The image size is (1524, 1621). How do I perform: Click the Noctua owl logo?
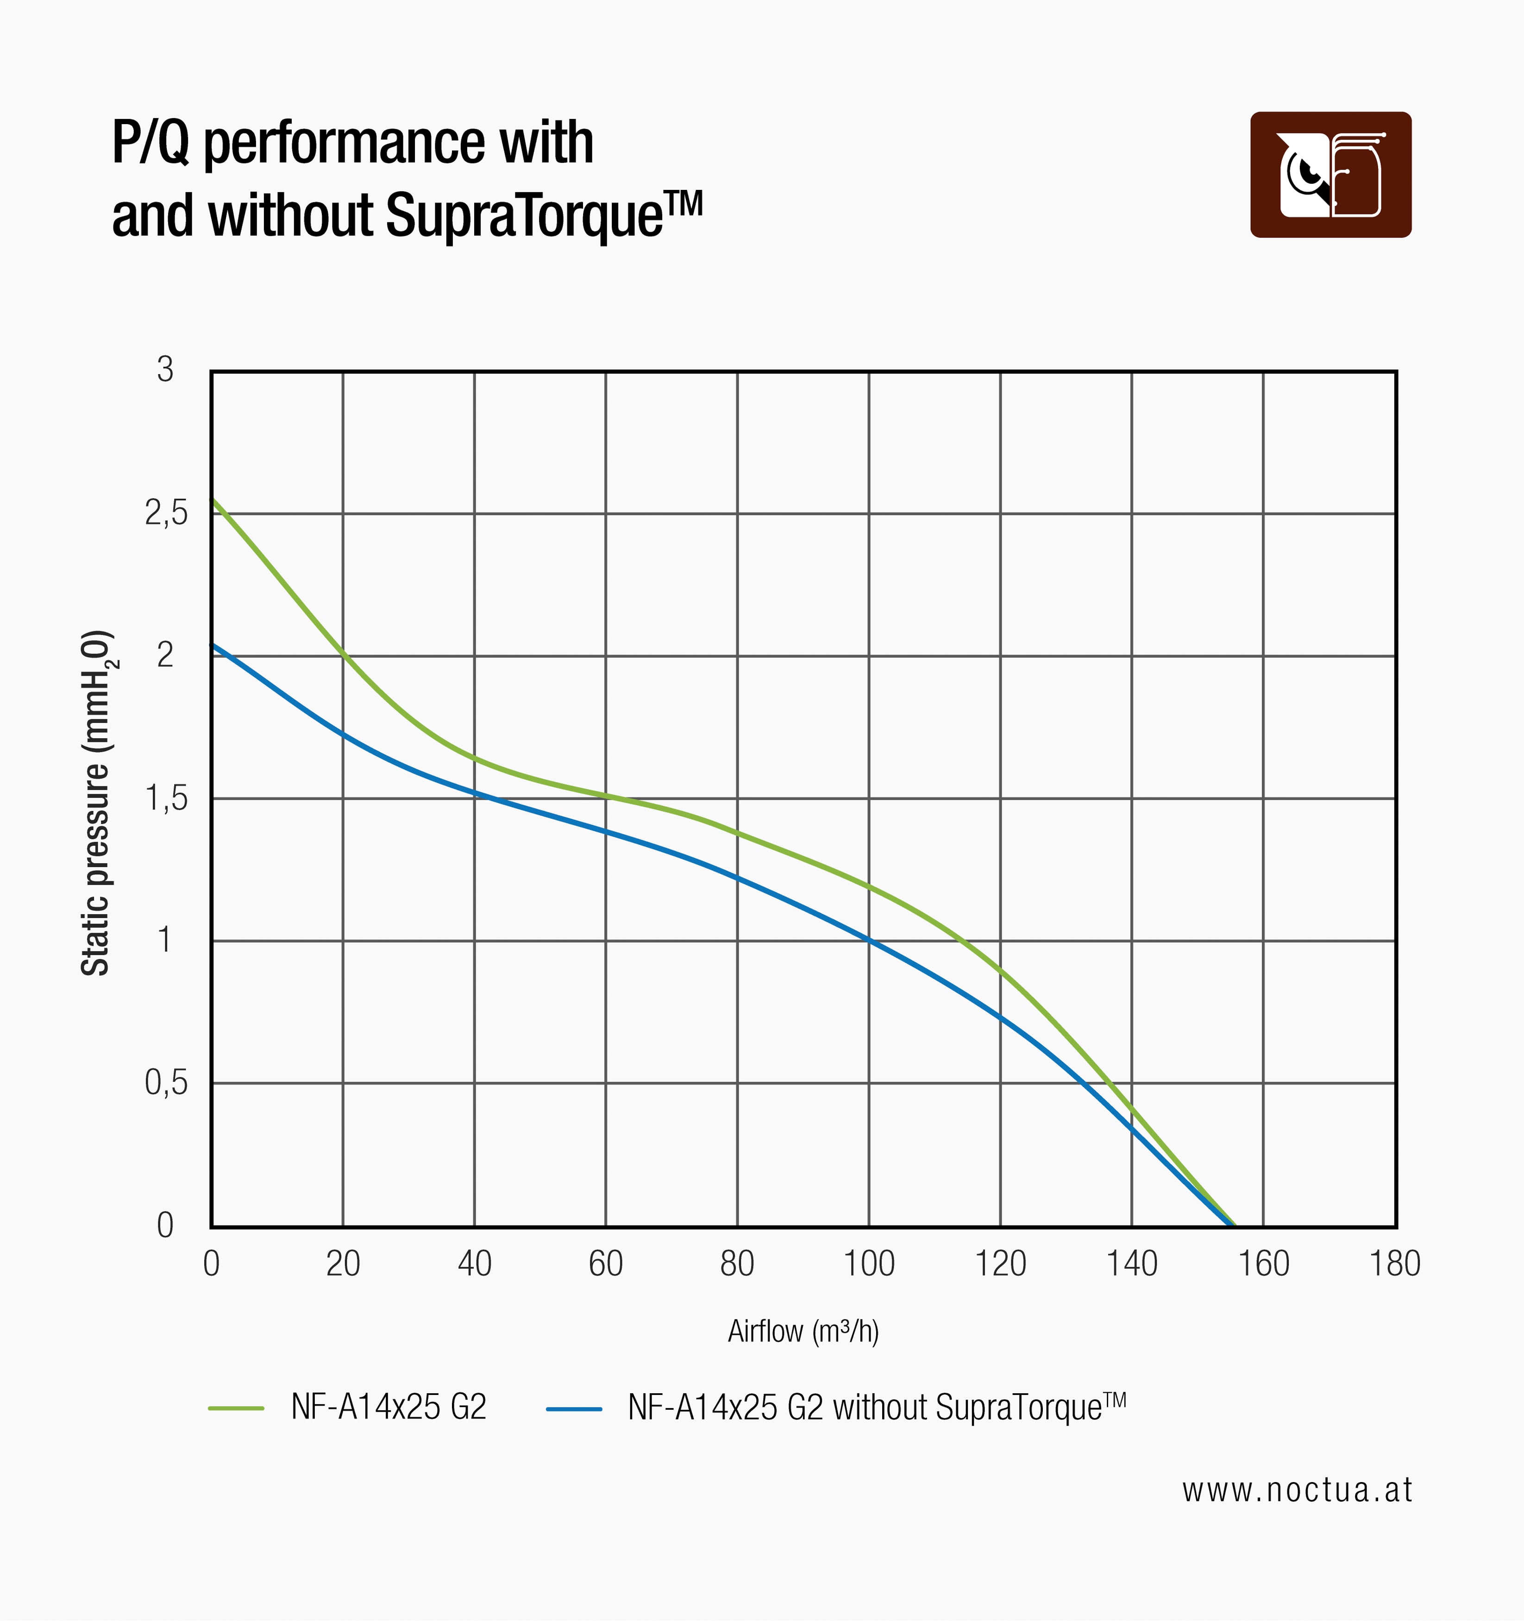(x=1331, y=175)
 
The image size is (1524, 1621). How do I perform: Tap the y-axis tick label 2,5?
(x=166, y=513)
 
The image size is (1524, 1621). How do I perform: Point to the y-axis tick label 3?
(x=165, y=370)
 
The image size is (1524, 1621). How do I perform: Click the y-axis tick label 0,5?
(x=166, y=1083)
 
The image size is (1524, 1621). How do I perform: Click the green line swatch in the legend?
(x=237, y=1407)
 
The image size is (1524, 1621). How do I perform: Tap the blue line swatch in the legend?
(x=574, y=1407)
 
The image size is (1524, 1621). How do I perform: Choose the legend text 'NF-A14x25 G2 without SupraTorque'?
(x=877, y=1407)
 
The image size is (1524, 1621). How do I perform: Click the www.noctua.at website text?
(x=1297, y=1490)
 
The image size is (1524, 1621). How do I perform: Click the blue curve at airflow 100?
(x=869, y=940)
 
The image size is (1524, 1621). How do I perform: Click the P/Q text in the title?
(x=151, y=143)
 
